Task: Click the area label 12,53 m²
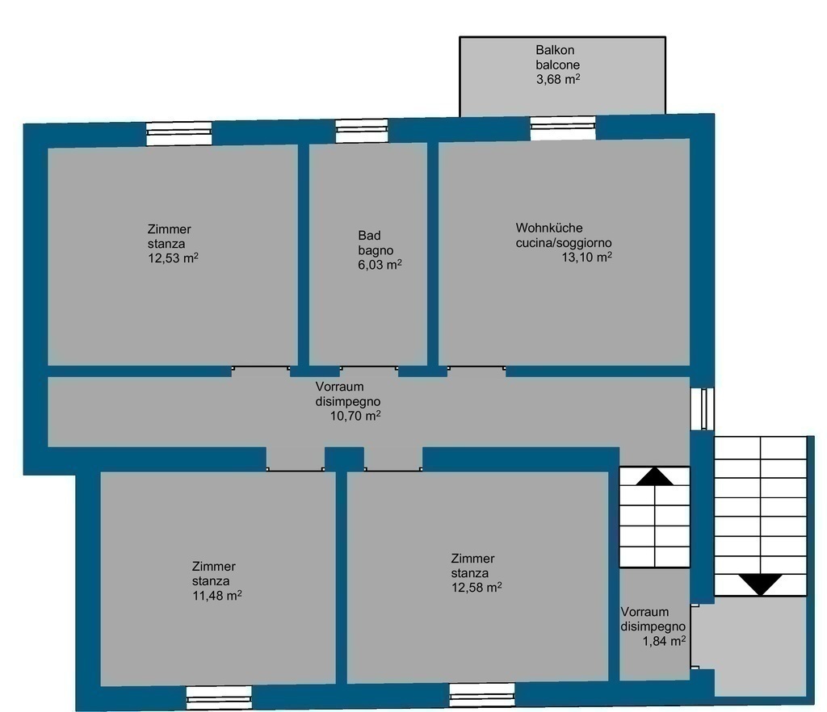(x=173, y=258)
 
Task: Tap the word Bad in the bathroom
(x=369, y=236)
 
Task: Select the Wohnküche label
(x=549, y=228)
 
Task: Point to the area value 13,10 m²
(x=586, y=258)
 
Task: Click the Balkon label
(x=555, y=50)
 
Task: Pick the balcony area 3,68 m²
(x=558, y=80)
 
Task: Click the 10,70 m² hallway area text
(x=355, y=416)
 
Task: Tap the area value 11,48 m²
(x=216, y=596)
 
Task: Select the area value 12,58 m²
(x=476, y=587)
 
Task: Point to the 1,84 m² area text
(x=664, y=642)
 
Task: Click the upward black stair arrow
(x=654, y=476)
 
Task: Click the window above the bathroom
(x=362, y=131)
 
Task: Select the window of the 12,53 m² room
(x=178, y=134)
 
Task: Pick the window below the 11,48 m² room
(x=219, y=697)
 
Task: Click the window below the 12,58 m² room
(x=482, y=694)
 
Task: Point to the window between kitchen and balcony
(x=563, y=128)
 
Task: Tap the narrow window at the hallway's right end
(x=703, y=409)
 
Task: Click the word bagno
(x=376, y=250)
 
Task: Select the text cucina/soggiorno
(x=564, y=243)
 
